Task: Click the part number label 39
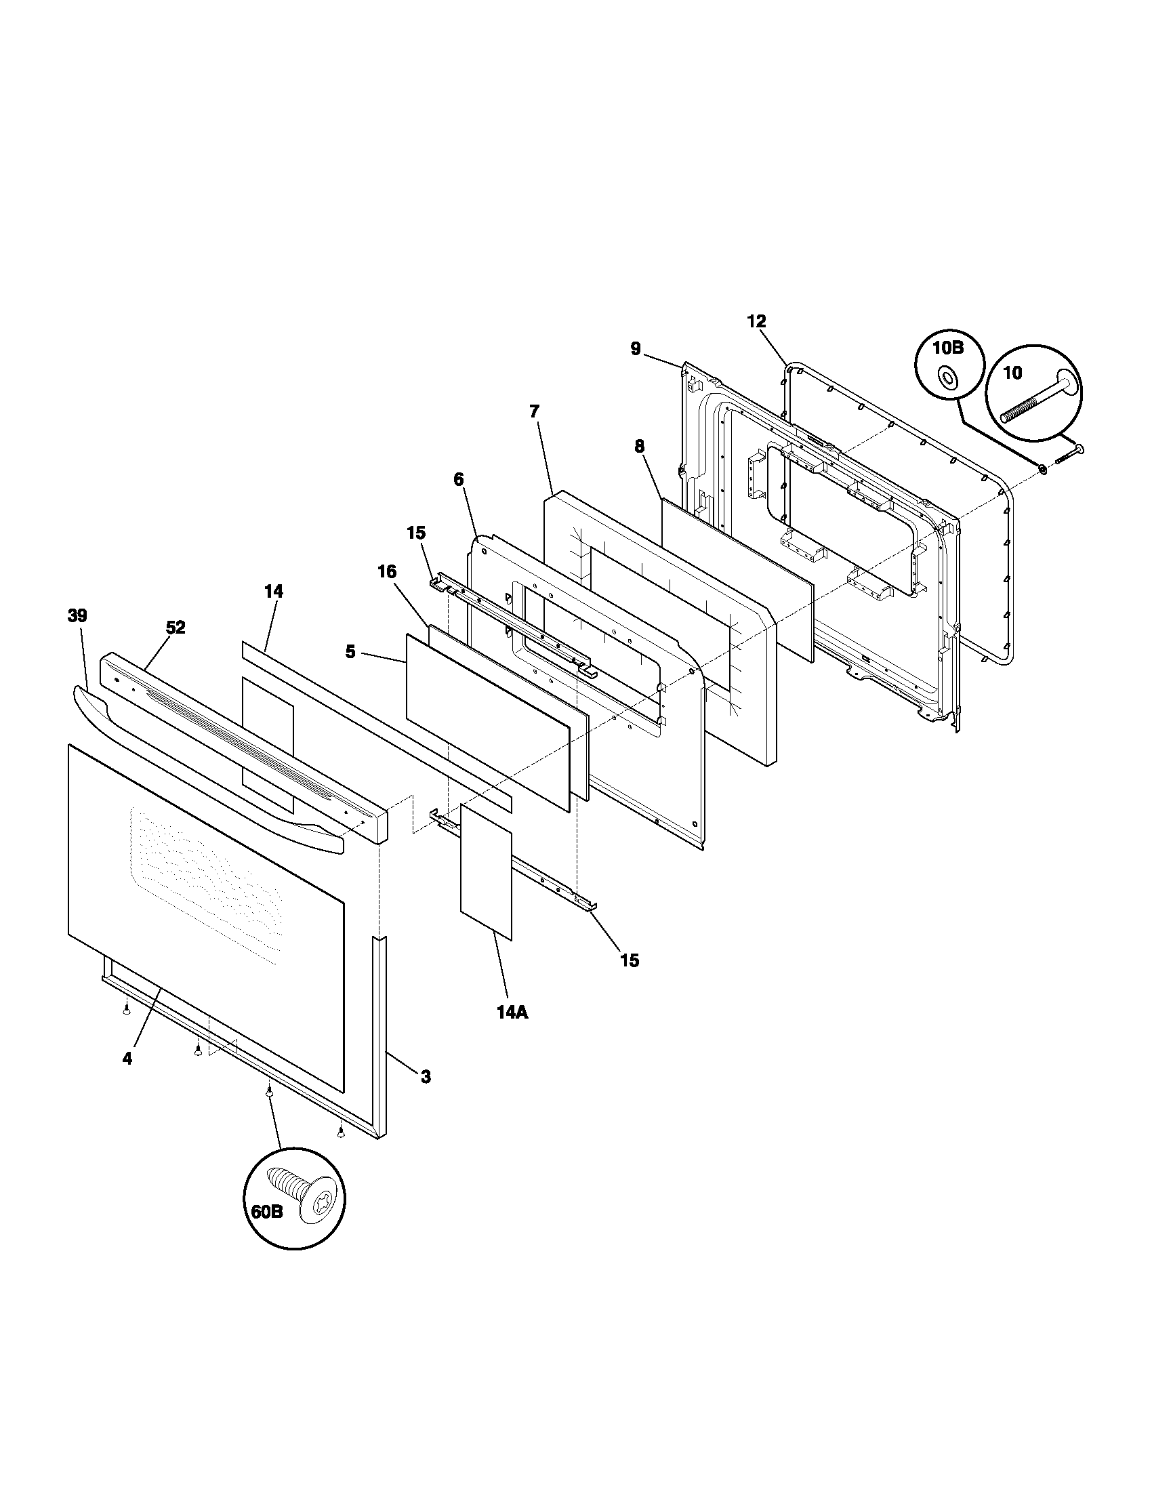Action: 77,616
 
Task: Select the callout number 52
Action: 176,628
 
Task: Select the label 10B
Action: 948,348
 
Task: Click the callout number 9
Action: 636,349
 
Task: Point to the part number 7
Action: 535,411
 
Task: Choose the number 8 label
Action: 639,447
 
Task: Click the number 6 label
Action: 459,479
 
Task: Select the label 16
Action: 387,572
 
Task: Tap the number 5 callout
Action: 350,652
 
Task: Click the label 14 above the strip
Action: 274,591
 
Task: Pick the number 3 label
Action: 425,1077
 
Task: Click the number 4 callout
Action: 127,1058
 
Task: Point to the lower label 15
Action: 630,960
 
